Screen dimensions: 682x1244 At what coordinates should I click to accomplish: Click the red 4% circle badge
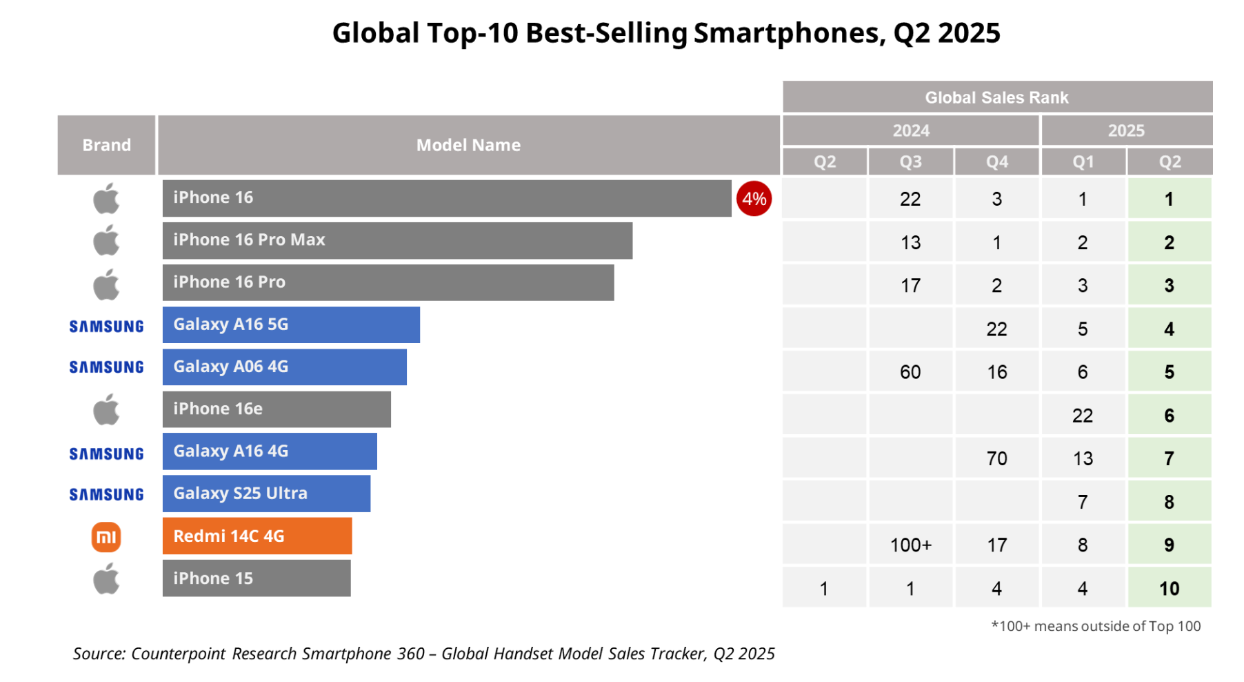[x=753, y=199]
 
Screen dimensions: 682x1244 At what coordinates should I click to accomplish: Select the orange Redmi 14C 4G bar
[x=257, y=536]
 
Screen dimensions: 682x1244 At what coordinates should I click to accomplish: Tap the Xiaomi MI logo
[x=106, y=536]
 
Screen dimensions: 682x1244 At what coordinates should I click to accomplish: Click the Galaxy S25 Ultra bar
[x=266, y=493]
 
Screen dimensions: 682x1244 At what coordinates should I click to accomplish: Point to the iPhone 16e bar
[x=276, y=409]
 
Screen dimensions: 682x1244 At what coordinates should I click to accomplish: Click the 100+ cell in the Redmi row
[x=910, y=545]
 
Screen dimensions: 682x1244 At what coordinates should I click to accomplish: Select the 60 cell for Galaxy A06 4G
[x=910, y=372]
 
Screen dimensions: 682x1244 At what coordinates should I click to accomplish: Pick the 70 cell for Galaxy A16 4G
[x=996, y=458]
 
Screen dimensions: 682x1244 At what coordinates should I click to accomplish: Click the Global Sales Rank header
[x=996, y=97]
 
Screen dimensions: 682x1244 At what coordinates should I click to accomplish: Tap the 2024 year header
[x=910, y=130]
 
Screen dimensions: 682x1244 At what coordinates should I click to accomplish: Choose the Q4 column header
[x=996, y=162]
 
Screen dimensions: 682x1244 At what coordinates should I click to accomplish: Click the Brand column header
[x=106, y=145]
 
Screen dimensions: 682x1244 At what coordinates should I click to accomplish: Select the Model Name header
[x=468, y=145]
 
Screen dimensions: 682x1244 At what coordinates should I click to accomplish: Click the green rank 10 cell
[x=1169, y=588]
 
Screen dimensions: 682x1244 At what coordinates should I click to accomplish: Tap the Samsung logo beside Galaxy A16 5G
[x=106, y=326]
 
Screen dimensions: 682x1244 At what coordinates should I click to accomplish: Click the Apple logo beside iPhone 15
[x=106, y=578]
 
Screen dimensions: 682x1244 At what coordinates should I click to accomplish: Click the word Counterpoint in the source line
[x=178, y=654]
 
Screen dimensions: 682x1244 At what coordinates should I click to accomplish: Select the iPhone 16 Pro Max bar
[x=397, y=240]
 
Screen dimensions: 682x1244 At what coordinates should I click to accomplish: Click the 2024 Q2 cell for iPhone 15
[x=824, y=588]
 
